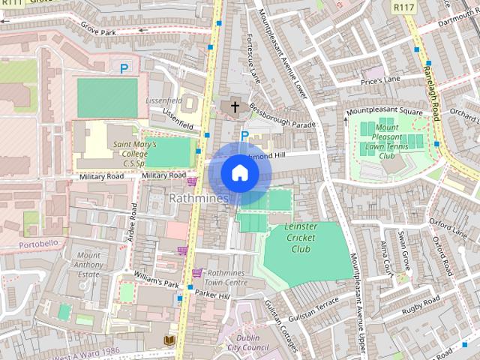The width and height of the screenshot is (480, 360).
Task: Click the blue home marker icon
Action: coord(238,173)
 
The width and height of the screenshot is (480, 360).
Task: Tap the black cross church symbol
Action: coord(235,107)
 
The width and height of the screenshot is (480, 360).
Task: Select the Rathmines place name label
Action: coord(199,198)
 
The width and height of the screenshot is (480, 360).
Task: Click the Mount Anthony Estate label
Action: coord(88,265)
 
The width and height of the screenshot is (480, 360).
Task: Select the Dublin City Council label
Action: coord(247,343)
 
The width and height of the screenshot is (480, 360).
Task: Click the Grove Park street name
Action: coord(100,33)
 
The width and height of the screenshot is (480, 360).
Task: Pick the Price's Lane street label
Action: coord(380,79)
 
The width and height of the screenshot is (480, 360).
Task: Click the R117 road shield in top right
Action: coord(403,6)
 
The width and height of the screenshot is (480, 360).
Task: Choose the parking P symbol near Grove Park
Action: coord(124,68)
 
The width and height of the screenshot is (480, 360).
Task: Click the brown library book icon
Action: coord(169,340)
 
